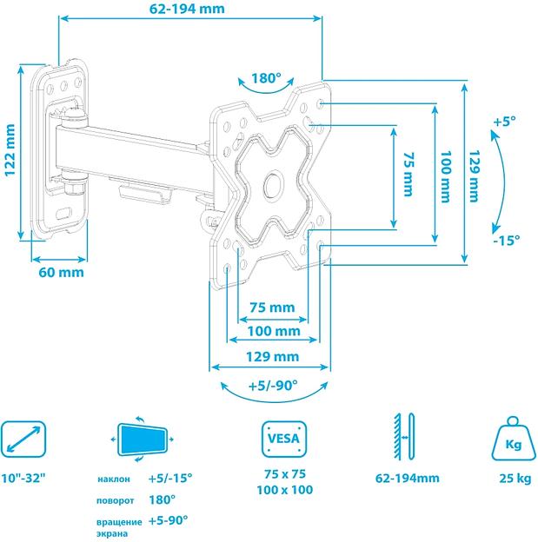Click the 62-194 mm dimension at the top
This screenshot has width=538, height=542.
[x=186, y=10]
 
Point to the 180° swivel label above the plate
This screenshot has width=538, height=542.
[x=267, y=78]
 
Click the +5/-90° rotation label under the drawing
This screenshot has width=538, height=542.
[x=272, y=385]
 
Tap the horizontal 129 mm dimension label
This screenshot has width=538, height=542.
[x=273, y=356]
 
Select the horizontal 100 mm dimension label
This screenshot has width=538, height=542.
[x=273, y=331]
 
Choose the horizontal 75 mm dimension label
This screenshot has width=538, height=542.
[x=272, y=307]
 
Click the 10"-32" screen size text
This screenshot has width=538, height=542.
[x=28, y=478]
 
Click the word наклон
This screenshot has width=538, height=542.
[x=115, y=479]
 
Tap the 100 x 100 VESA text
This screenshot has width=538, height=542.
[x=286, y=491]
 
